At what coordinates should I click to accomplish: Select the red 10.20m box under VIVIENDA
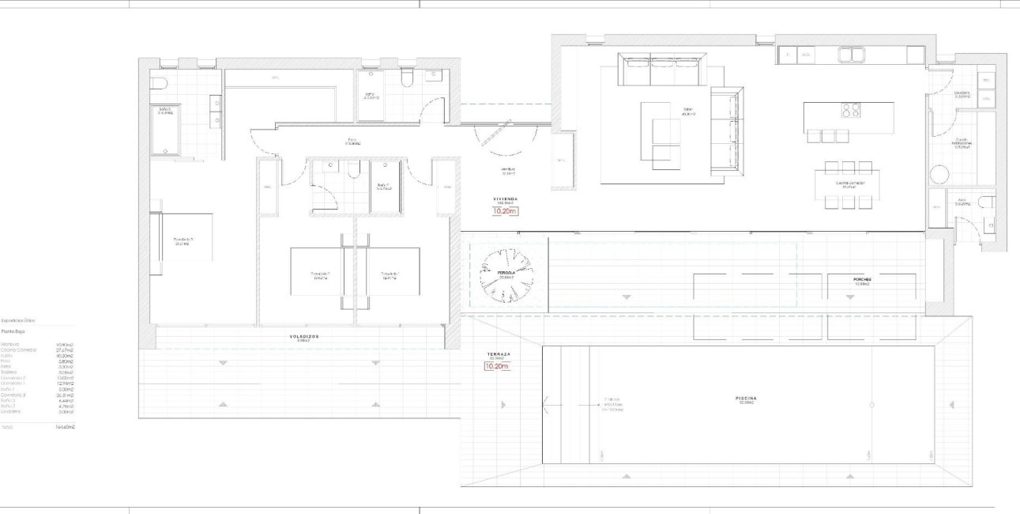504,211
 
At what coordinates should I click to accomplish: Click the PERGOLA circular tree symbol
506,274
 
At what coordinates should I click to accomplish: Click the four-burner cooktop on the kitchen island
850,111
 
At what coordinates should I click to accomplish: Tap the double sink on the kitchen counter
851,55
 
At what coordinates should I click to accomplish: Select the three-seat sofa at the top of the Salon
662,70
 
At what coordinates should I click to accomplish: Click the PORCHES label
860,279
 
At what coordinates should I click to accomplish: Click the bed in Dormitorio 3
181,236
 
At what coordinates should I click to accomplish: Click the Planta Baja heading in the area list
13,332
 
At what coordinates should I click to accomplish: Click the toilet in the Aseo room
986,202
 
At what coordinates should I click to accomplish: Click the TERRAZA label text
499,354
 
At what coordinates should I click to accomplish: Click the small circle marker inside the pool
871,405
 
